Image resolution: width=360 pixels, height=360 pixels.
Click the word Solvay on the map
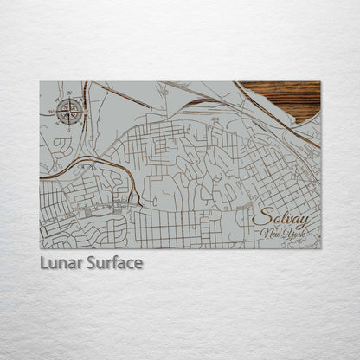(282, 218)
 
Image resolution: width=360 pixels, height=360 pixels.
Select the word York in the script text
(293, 235)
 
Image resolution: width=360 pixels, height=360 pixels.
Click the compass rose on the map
(72, 109)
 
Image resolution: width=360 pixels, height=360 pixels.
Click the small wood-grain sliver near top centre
(201, 101)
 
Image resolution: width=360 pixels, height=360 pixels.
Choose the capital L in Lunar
(44, 262)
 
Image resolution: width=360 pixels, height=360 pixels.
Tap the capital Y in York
(285, 235)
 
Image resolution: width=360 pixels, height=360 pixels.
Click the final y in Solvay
(304, 221)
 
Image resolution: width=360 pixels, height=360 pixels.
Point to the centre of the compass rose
(72, 109)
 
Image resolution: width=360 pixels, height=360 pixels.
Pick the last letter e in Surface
(138, 263)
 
